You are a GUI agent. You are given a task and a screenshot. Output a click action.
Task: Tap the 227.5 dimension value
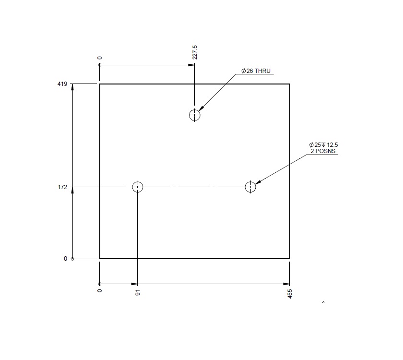tap(194, 53)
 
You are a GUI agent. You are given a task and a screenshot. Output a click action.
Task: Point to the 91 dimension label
tap(138, 292)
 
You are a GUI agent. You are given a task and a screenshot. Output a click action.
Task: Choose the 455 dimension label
tap(290, 294)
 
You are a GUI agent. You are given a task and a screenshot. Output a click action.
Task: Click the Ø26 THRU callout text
tap(256, 71)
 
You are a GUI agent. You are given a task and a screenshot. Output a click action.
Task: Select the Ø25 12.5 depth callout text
tap(327, 144)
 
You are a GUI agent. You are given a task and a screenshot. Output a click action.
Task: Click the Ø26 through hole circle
tap(194, 115)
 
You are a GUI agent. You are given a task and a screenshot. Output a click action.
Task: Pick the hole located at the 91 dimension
tap(138, 187)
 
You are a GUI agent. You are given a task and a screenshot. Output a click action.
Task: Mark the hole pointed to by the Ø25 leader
tap(250, 187)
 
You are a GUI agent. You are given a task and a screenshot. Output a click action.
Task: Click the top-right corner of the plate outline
tap(290, 84)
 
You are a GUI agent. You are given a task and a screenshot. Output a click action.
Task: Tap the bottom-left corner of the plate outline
tap(100, 259)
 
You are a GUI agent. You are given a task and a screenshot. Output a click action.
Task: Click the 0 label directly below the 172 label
tap(66, 259)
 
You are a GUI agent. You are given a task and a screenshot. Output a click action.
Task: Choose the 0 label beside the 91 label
tap(100, 291)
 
